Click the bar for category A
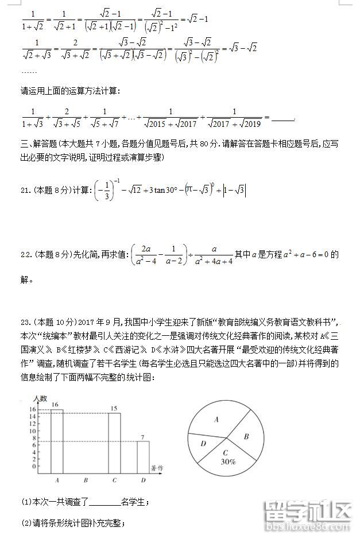click(x=57, y=440)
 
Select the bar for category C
click(x=114, y=441)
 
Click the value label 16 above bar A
click(x=55, y=405)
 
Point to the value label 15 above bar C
click(x=113, y=409)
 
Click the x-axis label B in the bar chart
click(x=86, y=480)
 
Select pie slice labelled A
click(x=217, y=420)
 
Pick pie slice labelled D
click(x=203, y=444)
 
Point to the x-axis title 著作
click(x=157, y=468)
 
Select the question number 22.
click(x=26, y=254)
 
